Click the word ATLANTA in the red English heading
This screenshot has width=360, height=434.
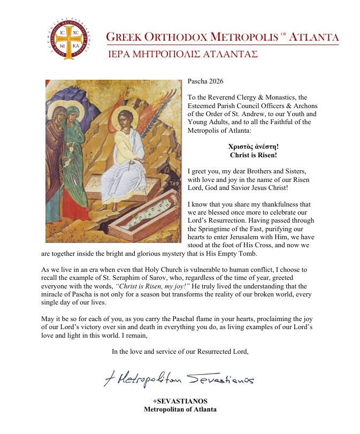(312, 37)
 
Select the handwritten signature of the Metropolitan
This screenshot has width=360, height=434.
(179, 379)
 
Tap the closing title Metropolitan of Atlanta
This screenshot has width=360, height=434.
(180, 410)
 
